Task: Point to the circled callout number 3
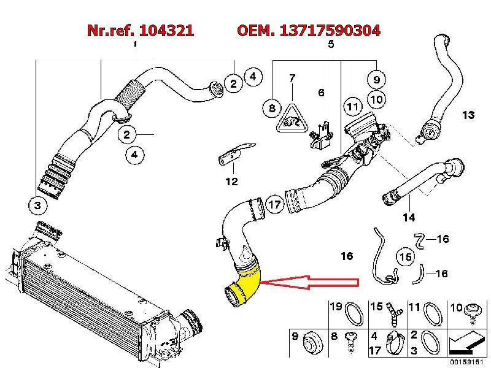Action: (x=37, y=205)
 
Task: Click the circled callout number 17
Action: (x=274, y=204)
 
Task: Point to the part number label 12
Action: (x=231, y=181)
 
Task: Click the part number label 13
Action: (x=468, y=115)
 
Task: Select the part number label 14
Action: (x=409, y=217)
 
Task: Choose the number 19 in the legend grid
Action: (x=336, y=306)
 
